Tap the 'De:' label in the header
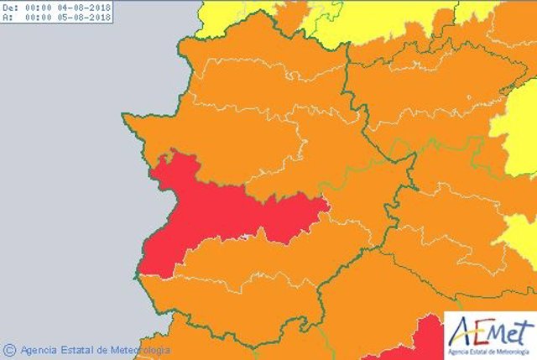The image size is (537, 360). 10,7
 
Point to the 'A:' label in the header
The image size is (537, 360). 8,16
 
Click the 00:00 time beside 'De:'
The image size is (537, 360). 39,7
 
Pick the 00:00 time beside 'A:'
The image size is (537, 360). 39,16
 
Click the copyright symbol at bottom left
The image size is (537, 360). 9,349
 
